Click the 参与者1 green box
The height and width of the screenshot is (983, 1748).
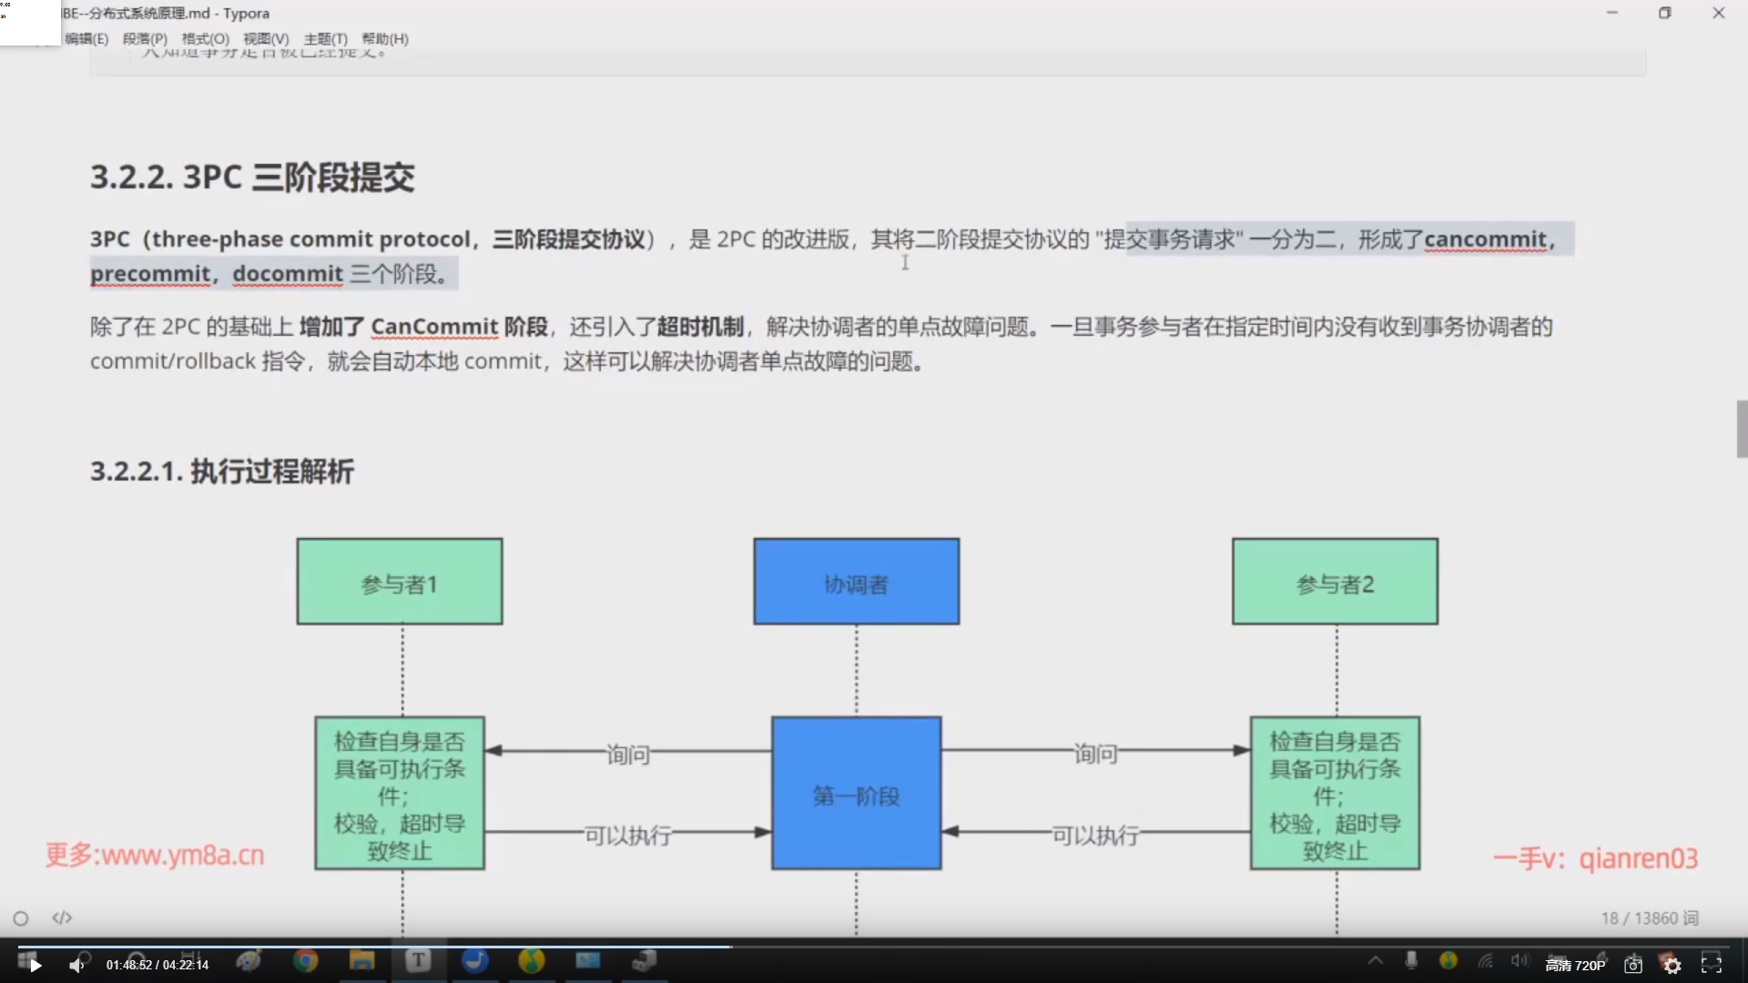tap(399, 582)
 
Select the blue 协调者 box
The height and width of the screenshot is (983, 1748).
tap(856, 582)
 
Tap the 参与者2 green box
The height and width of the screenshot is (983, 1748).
tap(1335, 582)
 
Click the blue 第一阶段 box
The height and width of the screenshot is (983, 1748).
tap(856, 794)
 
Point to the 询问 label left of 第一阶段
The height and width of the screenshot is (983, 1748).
tap(628, 755)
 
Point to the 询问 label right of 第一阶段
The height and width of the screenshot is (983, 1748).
tap(1094, 754)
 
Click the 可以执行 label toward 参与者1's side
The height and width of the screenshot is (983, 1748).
tap(627, 835)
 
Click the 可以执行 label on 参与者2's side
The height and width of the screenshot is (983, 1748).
tap(1095, 835)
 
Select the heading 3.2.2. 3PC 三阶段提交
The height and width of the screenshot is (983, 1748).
tap(252, 177)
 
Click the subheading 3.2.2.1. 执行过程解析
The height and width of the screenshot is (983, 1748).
tap(221, 471)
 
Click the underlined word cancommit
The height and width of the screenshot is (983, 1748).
tap(1485, 239)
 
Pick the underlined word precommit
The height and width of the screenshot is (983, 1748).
tap(150, 274)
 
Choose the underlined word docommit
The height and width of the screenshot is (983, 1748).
tap(288, 274)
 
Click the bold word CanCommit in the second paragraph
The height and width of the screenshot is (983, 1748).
tap(434, 327)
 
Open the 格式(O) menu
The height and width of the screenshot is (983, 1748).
tap(205, 39)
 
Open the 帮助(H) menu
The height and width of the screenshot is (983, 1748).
tap(385, 39)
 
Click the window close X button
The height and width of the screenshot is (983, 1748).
tap(1718, 13)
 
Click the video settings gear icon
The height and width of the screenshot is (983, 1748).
tap(1672, 965)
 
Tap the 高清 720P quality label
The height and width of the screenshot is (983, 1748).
tap(1575, 965)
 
